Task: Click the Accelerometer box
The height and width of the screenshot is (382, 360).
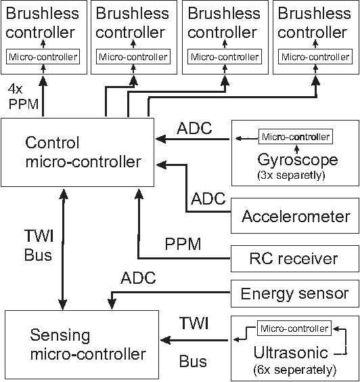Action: (x=295, y=217)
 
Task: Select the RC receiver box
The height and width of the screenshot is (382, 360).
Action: (x=295, y=258)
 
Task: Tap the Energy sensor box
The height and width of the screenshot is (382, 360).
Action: (x=295, y=293)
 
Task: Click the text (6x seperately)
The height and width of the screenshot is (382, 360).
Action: (x=294, y=370)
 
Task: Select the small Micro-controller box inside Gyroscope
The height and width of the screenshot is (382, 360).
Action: (x=296, y=137)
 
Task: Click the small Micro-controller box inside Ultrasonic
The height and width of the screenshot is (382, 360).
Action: (x=294, y=329)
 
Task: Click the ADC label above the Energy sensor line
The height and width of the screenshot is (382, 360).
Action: (x=138, y=278)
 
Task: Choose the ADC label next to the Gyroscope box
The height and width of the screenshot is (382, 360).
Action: (x=194, y=127)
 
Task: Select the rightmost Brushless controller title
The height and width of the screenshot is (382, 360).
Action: (x=315, y=22)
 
